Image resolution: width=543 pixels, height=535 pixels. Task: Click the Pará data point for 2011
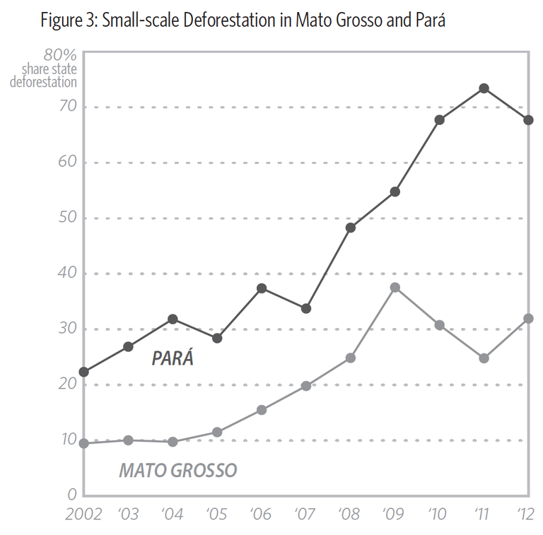pos(484,88)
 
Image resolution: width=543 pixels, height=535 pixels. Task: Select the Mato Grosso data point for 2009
pos(395,288)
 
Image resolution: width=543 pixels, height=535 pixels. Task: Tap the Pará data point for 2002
pos(84,372)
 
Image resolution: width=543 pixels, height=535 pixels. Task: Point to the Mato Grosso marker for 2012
pos(528,319)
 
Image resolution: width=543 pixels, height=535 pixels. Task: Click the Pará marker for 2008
pos(351,228)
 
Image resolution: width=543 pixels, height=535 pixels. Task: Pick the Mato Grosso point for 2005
pos(218,432)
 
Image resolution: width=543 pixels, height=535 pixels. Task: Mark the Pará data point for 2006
pos(262,288)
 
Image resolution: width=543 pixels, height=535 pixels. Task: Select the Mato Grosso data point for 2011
pos(484,358)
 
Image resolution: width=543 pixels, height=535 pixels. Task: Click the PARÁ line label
pos(173,358)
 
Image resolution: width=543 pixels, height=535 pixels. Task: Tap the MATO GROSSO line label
pos(177,470)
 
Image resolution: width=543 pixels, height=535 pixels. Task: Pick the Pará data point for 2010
pos(440,120)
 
